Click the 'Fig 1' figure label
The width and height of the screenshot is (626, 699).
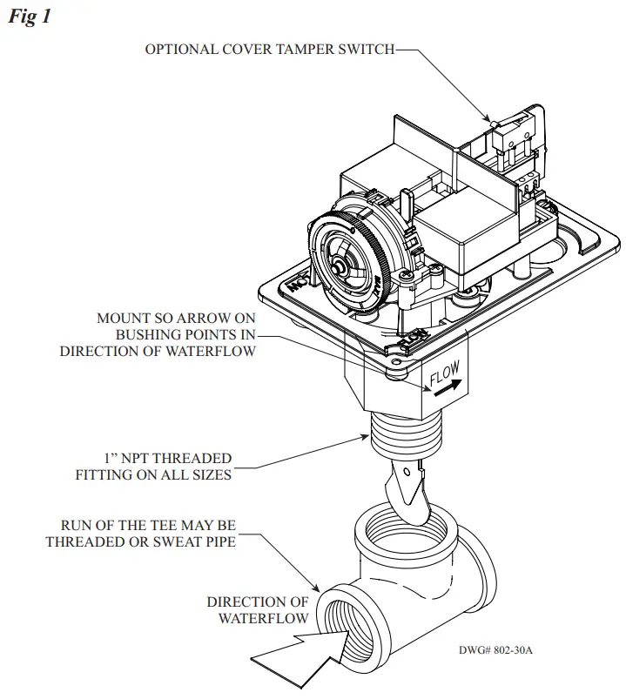(29, 17)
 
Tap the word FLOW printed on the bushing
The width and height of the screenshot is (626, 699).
(445, 378)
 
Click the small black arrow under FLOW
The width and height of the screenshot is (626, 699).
(441, 393)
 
